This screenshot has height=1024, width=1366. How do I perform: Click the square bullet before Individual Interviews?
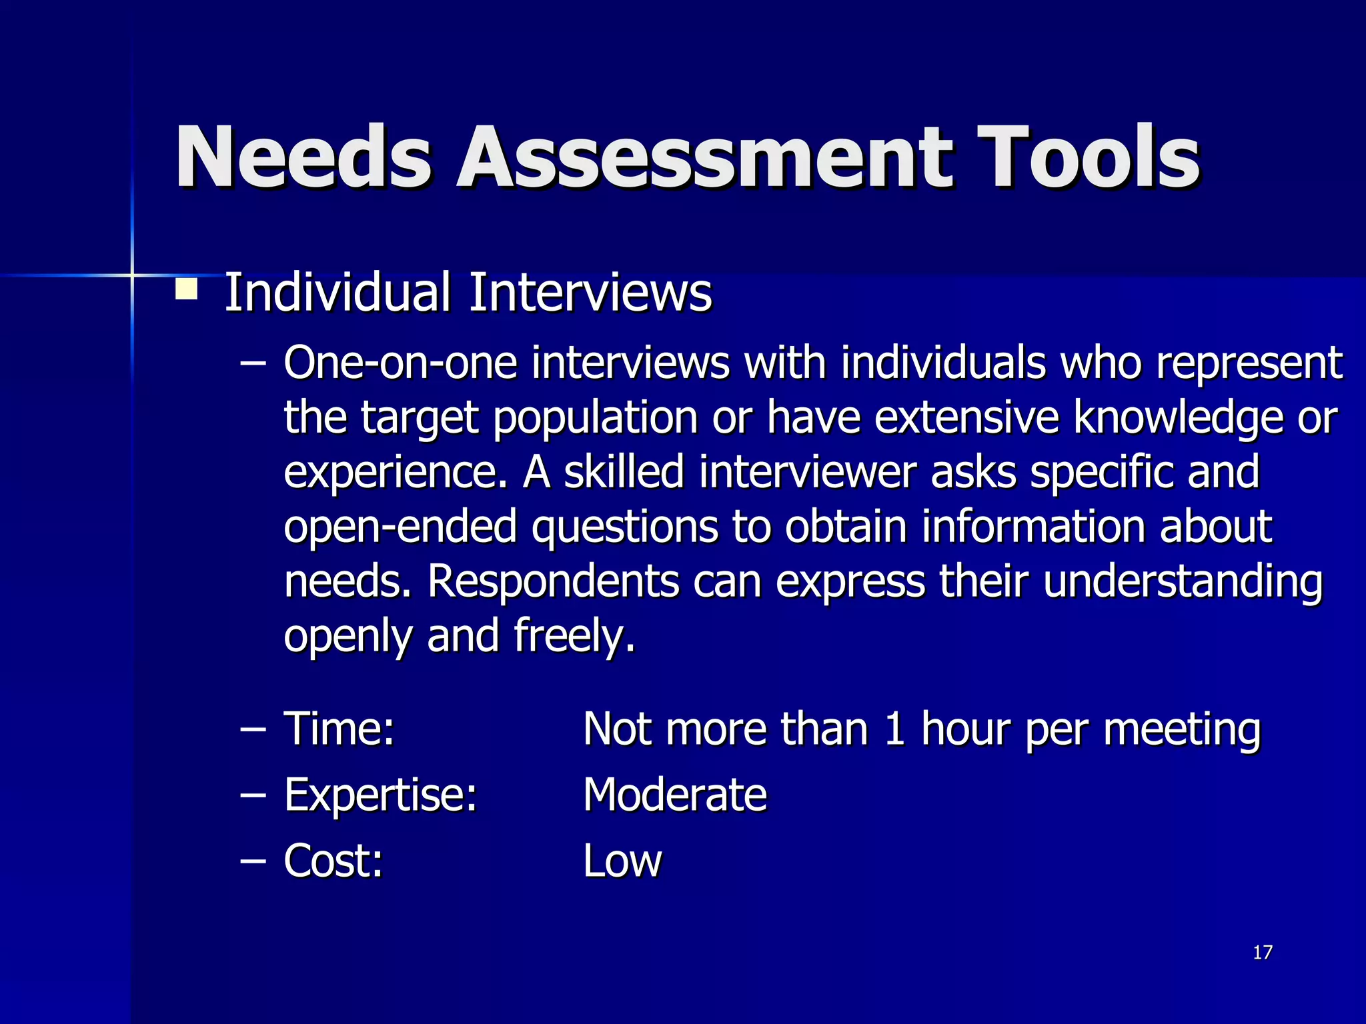pos(186,290)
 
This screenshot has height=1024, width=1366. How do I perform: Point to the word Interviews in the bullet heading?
pos(590,293)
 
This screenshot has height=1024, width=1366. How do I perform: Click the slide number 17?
pos(1262,953)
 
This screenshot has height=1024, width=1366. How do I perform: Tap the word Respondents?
pos(553,581)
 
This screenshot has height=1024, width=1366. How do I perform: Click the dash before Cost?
pos(253,861)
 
